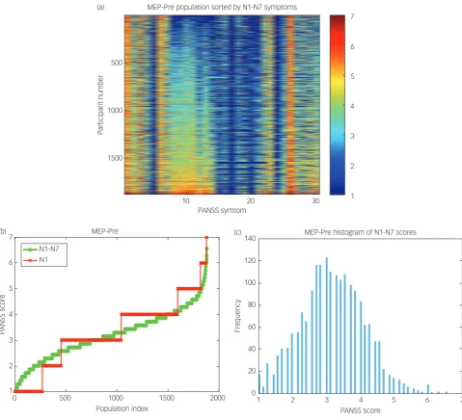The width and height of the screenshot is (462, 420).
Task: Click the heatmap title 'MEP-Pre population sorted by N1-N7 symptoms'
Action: point(222,7)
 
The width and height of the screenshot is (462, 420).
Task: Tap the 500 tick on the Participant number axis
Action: point(117,63)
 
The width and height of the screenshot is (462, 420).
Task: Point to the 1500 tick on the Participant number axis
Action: point(115,158)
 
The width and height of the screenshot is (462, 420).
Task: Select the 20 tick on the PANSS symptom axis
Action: point(251,200)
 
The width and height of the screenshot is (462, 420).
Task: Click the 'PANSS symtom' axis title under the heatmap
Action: point(222,210)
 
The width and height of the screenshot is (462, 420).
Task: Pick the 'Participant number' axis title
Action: point(100,105)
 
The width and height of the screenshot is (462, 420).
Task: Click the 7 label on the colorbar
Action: point(352,16)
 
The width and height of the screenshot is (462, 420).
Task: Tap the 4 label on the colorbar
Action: point(352,106)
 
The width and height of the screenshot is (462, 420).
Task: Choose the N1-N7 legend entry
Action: point(41,249)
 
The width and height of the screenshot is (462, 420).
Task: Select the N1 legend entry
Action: point(36,259)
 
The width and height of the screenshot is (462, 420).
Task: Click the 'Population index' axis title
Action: point(122,408)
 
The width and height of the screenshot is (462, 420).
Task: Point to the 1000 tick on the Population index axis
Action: point(116,398)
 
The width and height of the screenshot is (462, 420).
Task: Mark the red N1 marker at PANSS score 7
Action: point(206,238)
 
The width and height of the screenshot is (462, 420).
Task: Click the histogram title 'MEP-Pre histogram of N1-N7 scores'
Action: point(360,232)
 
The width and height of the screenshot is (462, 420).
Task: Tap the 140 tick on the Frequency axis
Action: point(250,238)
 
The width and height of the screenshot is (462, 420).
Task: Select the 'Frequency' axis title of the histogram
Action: point(237,316)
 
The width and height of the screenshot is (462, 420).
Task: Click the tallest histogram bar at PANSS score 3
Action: point(327,325)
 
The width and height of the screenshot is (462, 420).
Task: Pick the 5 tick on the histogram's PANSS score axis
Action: point(394,400)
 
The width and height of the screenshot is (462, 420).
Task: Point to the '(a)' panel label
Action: point(100,7)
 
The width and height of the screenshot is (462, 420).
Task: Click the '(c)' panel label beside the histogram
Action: point(238,232)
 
